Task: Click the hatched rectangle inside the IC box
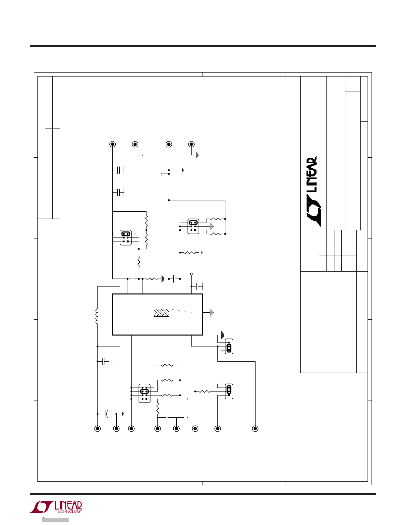[x=161, y=313]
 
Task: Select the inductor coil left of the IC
[x=97, y=316]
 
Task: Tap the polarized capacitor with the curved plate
[x=107, y=414]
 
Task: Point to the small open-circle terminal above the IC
[x=192, y=274]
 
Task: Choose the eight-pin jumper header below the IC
[x=145, y=393]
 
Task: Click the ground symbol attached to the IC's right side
[x=212, y=313]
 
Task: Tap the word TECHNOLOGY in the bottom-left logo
[x=69, y=511]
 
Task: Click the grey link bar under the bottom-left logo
[x=55, y=520]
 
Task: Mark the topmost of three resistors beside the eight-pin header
[x=167, y=365]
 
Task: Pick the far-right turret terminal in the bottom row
[x=255, y=429]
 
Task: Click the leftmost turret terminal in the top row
[x=112, y=144]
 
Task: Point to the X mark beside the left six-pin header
[x=135, y=234]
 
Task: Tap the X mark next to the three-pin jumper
[x=222, y=350]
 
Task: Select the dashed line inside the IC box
[x=180, y=311]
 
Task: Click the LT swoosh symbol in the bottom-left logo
[x=41, y=507]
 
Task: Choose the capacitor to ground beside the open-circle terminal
[x=201, y=286]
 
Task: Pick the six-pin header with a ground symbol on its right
[x=193, y=226]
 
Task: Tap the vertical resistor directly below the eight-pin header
[x=157, y=408]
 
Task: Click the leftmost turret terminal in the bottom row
[x=97, y=429]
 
